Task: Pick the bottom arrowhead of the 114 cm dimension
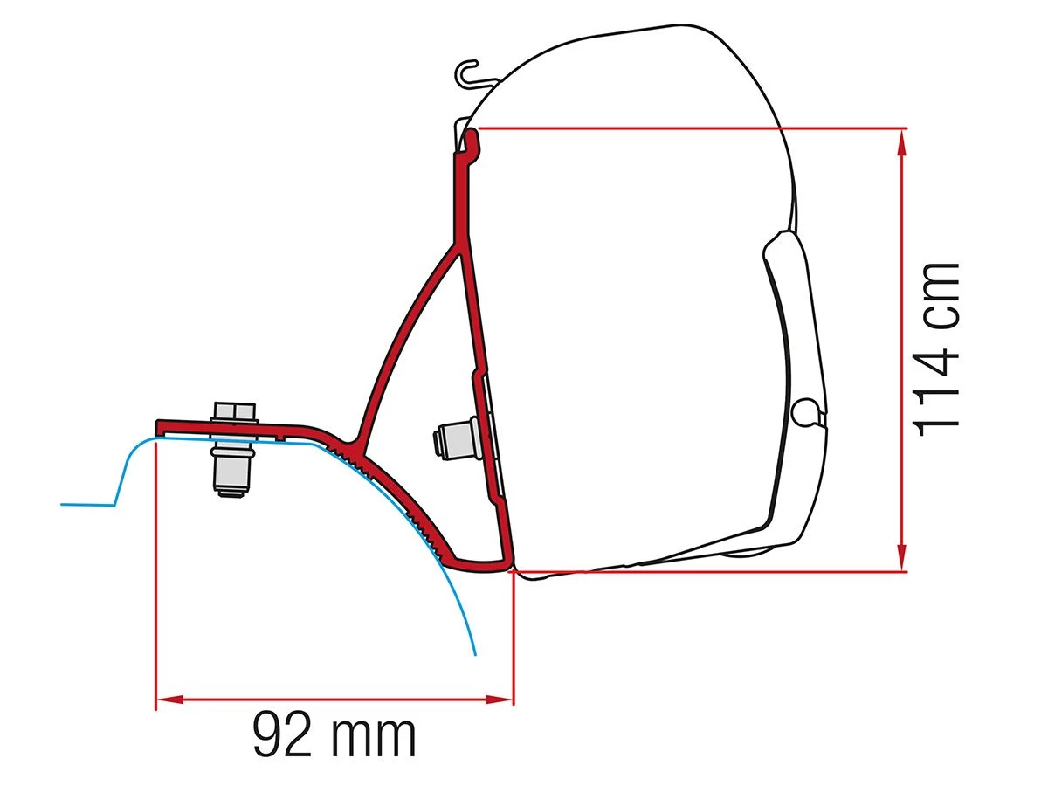900,561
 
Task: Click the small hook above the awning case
469,72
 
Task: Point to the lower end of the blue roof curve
474,652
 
